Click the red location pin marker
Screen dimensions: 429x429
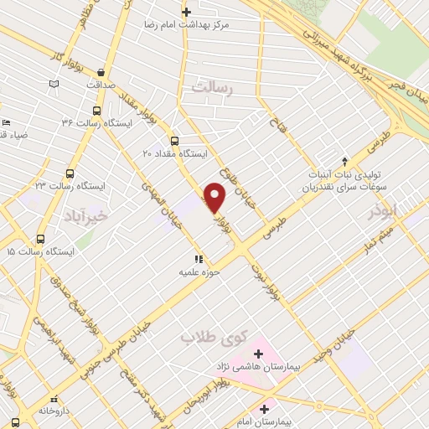(215, 197)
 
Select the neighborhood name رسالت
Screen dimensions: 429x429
(211, 86)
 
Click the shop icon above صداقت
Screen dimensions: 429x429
(101, 73)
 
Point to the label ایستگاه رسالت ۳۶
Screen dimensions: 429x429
(91, 124)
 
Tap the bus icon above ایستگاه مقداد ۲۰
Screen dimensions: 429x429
(174, 141)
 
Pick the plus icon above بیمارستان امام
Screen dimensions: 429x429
(265, 410)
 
